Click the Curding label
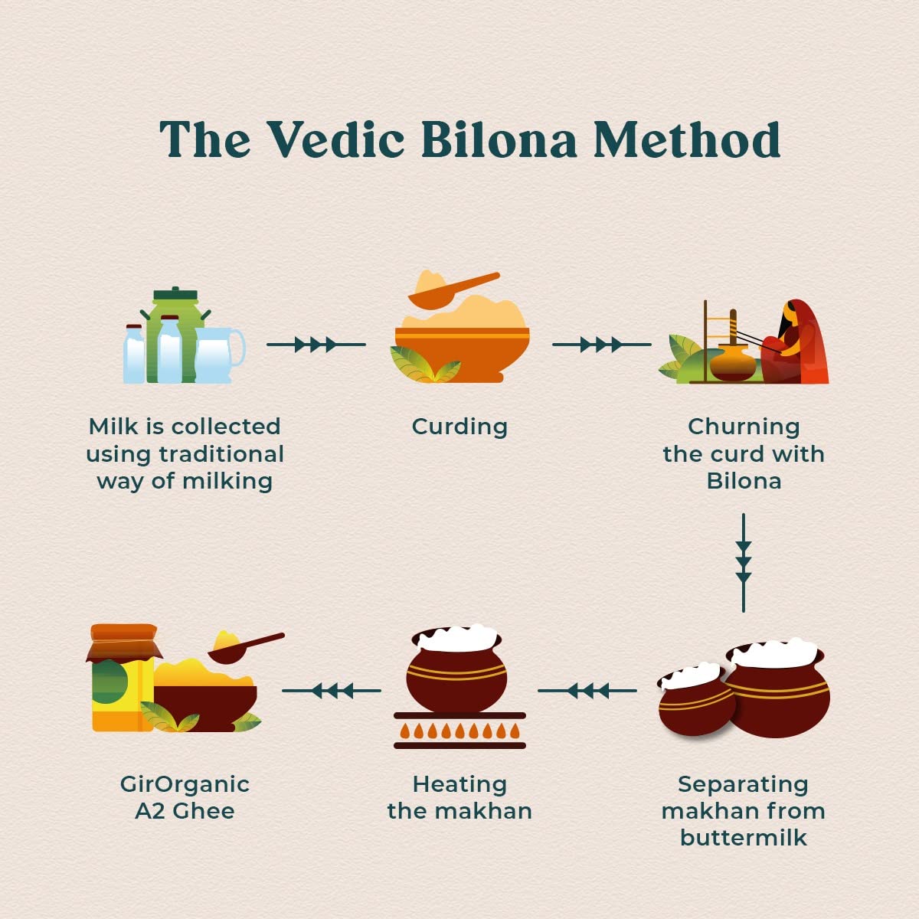pos(459,427)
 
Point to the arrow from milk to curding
pos(316,345)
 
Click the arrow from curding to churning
pos(601,345)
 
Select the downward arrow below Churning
pos(743,563)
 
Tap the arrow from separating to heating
pos(587,691)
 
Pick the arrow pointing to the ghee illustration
pos(331,691)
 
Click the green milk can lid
pos(175,295)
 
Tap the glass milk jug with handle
pos(217,355)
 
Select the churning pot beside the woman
pos(732,362)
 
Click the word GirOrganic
pos(185,784)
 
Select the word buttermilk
pos(743,837)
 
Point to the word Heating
pos(459,784)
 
